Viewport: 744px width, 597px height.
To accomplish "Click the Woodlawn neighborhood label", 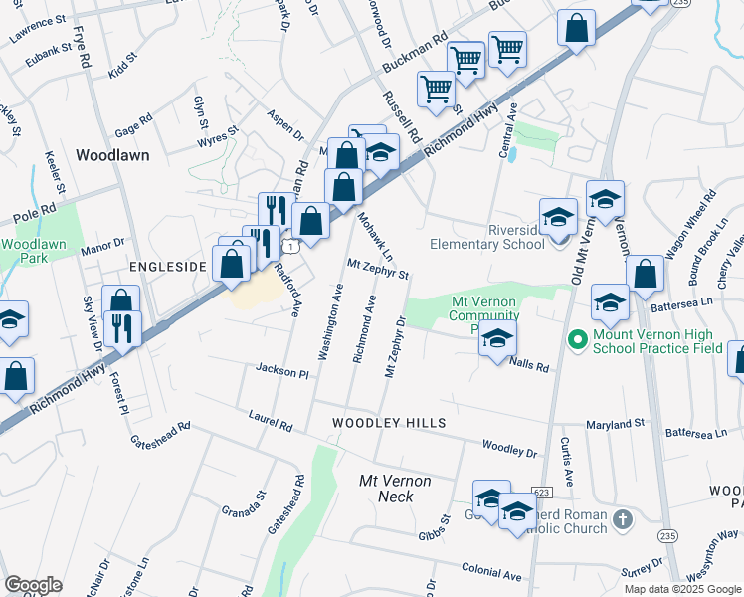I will [x=112, y=156].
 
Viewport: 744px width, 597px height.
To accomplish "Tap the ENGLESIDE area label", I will [x=167, y=267].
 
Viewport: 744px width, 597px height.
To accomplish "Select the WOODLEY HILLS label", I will [x=389, y=423].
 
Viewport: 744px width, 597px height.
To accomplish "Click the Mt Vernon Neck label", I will [x=395, y=489].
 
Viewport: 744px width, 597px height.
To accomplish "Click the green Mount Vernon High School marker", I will [x=575, y=340].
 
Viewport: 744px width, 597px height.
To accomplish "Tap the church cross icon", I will [x=622, y=519].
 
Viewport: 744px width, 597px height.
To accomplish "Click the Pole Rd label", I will [x=31, y=216].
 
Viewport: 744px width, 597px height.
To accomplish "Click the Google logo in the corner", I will [x=33, y=585].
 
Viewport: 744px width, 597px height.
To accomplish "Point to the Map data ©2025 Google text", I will [x=682, y=589].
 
